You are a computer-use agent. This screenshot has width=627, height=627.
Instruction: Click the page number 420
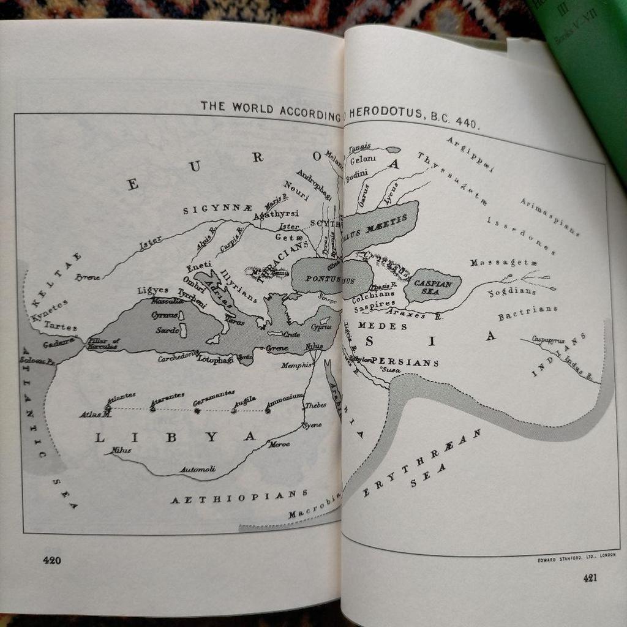coord(51,560)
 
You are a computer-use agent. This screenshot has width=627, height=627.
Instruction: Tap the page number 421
coord(589,577)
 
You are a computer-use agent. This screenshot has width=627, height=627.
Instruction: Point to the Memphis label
coord(296,366)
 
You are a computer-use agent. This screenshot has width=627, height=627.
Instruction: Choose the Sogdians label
coord(512,292)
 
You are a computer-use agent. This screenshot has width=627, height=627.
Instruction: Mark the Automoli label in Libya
coord(197,470)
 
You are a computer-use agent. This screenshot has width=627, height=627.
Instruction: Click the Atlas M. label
coord(96,415)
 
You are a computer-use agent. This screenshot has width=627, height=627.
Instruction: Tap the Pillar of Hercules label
coord(102,344)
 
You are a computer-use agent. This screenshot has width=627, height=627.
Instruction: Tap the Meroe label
coord(279,444)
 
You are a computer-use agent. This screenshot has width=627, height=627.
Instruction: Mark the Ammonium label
coord(284,398)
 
